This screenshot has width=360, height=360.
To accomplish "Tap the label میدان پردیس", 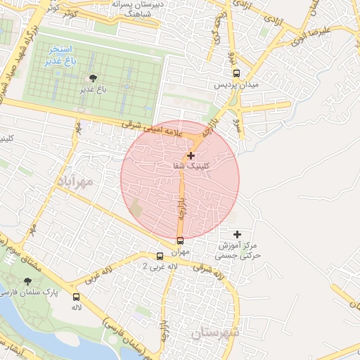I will [237, 84].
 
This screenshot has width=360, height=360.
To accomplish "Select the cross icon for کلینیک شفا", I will [191, 155].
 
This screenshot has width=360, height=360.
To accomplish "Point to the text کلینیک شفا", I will [191, 166].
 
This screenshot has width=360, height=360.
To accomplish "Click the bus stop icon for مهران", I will [181, 240].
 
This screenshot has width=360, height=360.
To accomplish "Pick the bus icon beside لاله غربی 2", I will [160, 257].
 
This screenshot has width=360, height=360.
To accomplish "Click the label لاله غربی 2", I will [155, 267].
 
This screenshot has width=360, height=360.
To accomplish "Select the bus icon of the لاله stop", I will [76, 297].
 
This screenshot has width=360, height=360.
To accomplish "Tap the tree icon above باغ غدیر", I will [92, 78].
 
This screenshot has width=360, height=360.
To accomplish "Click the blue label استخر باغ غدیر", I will [63, 56].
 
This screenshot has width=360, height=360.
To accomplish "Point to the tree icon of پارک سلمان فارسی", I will [28, 281].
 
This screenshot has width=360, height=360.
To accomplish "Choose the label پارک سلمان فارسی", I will [30, 292].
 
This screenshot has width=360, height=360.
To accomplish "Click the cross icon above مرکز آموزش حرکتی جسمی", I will [237, 233].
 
